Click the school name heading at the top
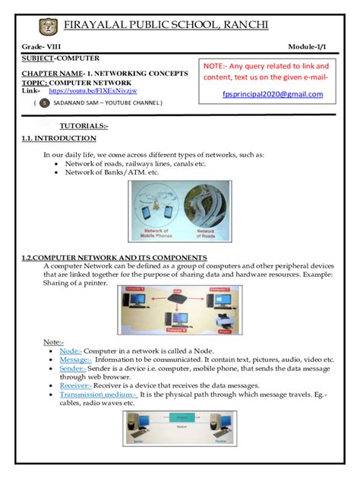(188, 24)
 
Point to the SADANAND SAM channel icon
(45, 102)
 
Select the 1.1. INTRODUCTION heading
(59, 138)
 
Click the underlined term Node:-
(71, 351)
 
